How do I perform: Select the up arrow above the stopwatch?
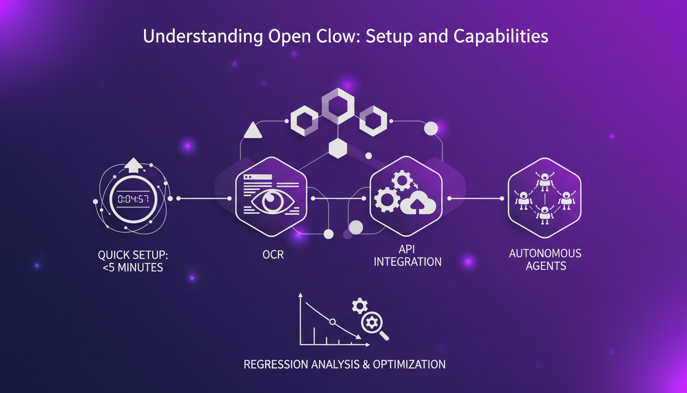point(133,165)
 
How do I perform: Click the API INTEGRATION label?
point(407,255)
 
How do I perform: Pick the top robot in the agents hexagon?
point(545,180)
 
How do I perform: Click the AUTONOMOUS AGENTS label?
point(545,259)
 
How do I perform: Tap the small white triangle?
point(253,131)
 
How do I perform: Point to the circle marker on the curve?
point(332,322)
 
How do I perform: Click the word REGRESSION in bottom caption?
point(276,364)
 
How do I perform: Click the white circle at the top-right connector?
point(431,128)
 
